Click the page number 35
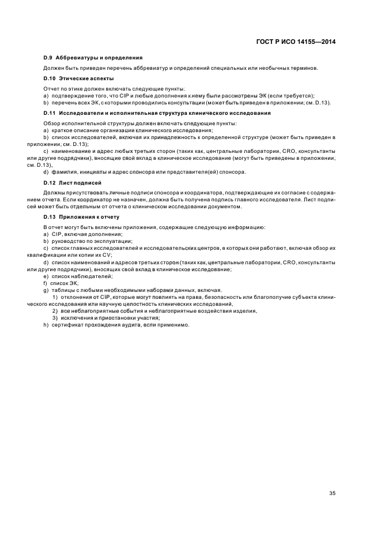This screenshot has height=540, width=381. coord(332,477)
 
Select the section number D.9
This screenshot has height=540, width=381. coord(48,58)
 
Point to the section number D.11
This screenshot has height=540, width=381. coord(50,112)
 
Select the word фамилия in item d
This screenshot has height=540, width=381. coord(65,172)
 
